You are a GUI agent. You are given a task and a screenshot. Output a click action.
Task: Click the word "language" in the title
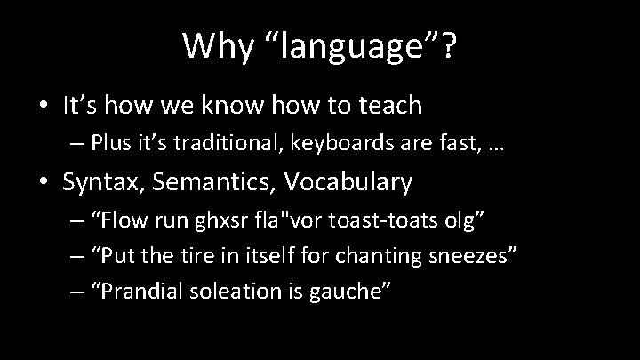pyautogui.click(x=356, y=47)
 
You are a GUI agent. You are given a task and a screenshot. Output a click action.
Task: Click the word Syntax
pyautogui.click(x=100, y=183)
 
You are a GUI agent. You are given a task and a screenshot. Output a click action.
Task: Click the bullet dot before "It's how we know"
pyautogui.click(x=41, y=107)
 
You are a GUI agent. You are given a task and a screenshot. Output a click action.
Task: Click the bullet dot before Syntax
pyautogui.click(x=41, y=183)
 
